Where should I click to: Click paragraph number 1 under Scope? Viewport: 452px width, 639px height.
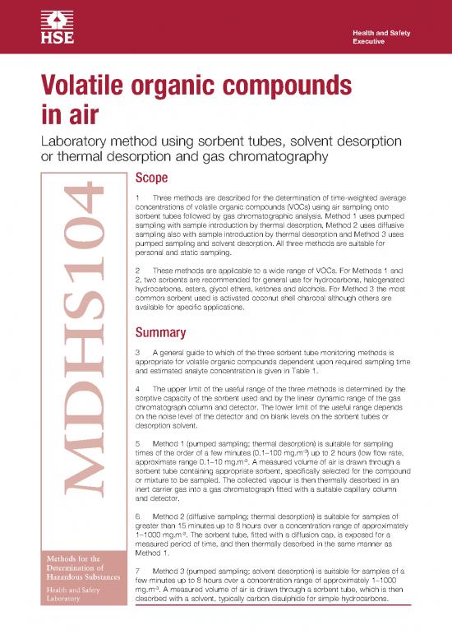click(x=136, y=199)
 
